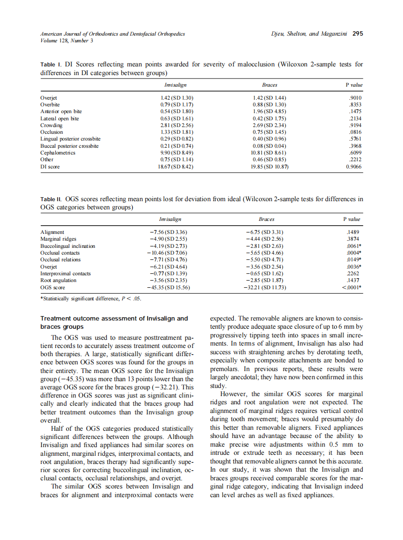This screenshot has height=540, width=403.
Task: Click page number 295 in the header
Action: [357, 34]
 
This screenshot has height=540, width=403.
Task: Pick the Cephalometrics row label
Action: [58, 153]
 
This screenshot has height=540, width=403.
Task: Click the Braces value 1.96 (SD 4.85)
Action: [269, 111]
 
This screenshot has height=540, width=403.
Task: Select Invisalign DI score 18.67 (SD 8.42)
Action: [176, 167]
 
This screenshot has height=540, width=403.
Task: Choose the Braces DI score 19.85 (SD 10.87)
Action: [269, 167]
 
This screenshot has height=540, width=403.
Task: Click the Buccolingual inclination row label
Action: [68, 246]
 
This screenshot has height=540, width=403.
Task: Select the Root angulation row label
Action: [58, 280]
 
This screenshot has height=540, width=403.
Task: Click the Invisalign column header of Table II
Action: [170, 219]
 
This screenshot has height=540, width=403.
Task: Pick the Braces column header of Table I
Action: [269, 85]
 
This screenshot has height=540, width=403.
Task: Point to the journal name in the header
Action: [113, 34]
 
